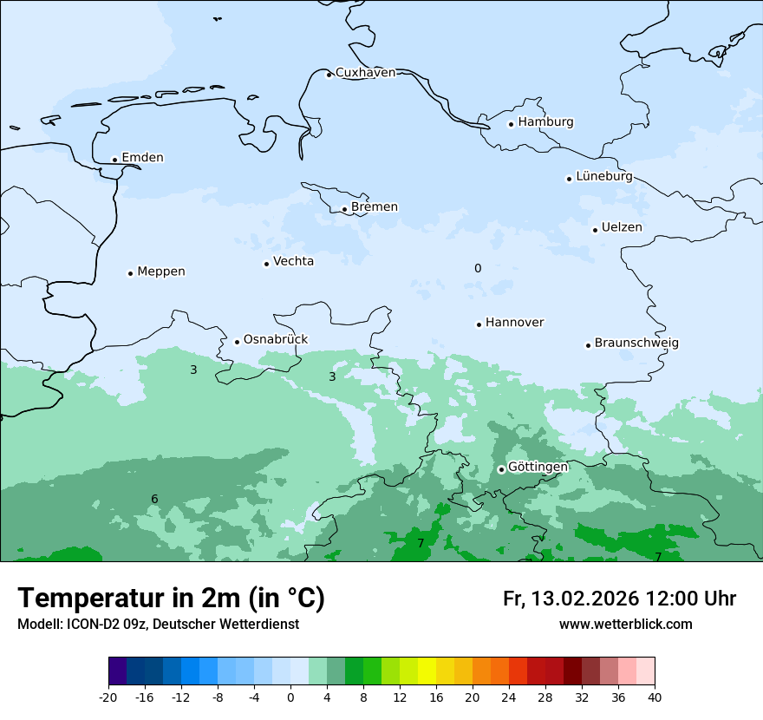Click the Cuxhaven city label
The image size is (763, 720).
coord(365,73)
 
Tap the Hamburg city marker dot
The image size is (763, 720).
coord(511,124)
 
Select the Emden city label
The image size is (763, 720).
coord(142,158)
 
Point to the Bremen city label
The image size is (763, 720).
coord(375,207)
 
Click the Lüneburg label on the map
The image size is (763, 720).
coord(604,176)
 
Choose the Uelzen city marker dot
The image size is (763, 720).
coord(595,230)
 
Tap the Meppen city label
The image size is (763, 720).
coord(161,272)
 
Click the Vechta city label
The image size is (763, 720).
coord(293,261)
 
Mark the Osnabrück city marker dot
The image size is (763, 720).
coord(237,342)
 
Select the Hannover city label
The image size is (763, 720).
coord(514,323)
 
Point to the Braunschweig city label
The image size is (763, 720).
coord(636,344)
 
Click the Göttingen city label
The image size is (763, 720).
coord(538,467)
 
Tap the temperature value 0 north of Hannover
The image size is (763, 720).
coord(478,269)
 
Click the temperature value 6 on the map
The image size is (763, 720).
coord(154,500)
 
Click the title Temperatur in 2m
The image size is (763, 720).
coord(172,598)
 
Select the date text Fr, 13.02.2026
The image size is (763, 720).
coord(571,599)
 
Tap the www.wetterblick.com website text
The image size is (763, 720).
coord(625,624)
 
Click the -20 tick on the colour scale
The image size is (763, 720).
coord(108,697)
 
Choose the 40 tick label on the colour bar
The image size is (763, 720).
coord(655,697)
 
